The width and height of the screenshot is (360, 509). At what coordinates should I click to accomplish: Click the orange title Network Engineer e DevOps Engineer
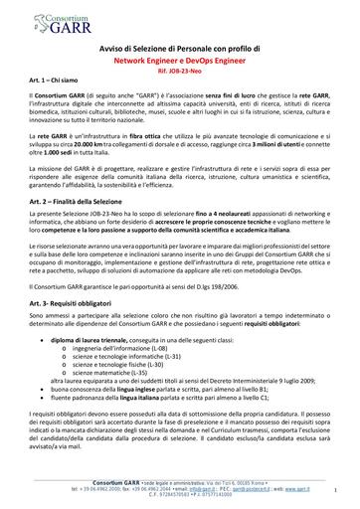(180, 60)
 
